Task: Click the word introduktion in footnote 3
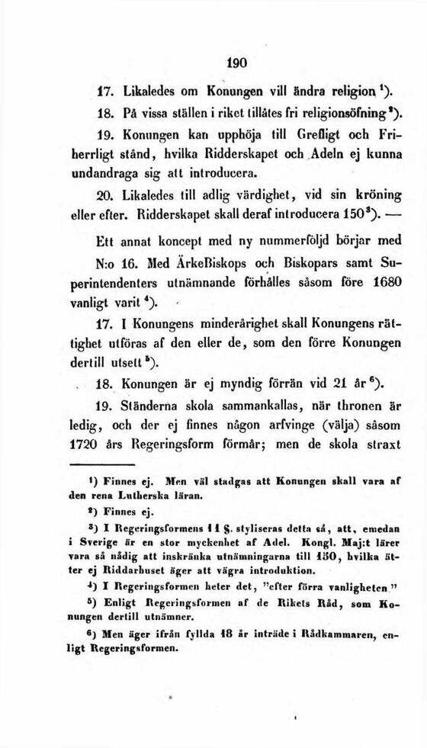coord(271,569)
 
